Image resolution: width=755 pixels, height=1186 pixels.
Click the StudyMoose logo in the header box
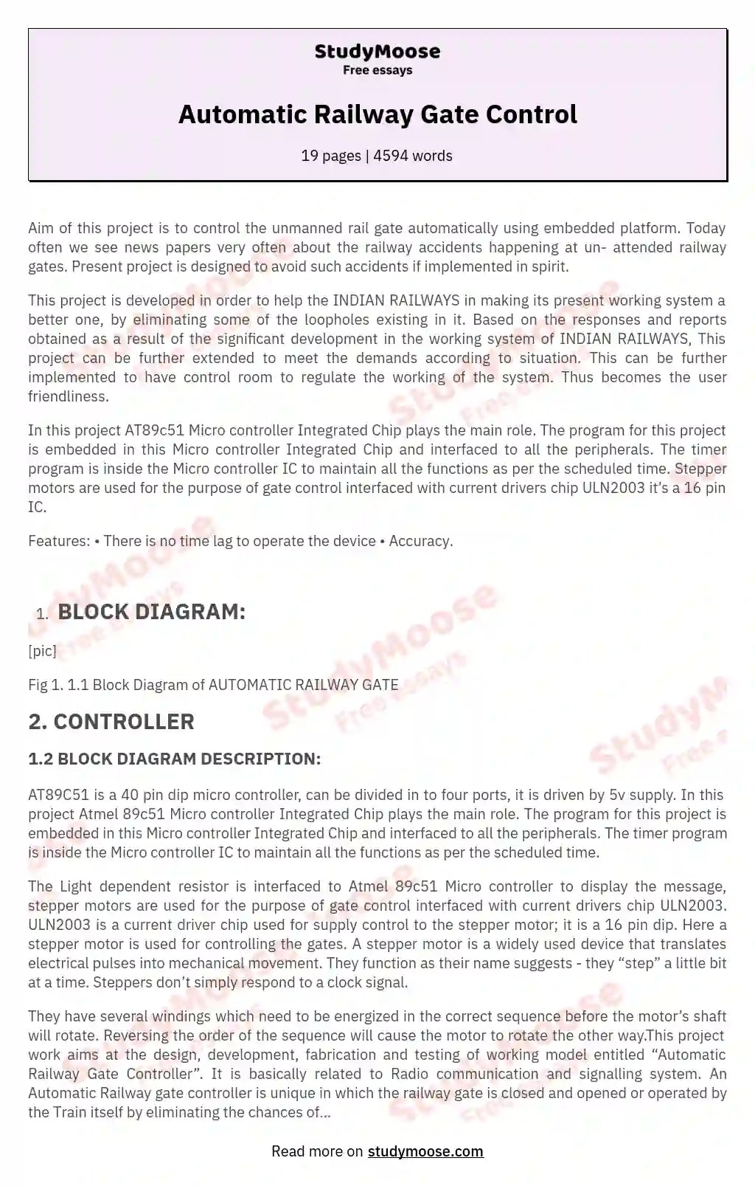tap(377, 52)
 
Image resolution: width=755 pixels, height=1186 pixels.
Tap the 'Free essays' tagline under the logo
tap(377, 70)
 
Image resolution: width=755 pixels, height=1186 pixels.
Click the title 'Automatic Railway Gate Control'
tap(377, 114)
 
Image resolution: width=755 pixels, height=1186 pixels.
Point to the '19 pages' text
tap(330, 156)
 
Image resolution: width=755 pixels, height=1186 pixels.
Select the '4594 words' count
tap(413, 156)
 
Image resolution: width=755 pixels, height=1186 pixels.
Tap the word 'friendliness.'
tap(69, 396)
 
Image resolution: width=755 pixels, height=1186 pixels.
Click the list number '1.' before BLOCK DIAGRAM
tap(42, 614)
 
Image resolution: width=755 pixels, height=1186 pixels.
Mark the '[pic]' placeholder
tap(42, 650)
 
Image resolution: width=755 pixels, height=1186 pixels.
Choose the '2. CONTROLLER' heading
tap(111, 722)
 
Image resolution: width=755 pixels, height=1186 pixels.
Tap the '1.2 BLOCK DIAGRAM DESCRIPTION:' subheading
tap(175, 759)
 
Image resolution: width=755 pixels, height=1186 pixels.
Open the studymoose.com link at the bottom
tap(425, 1151)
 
